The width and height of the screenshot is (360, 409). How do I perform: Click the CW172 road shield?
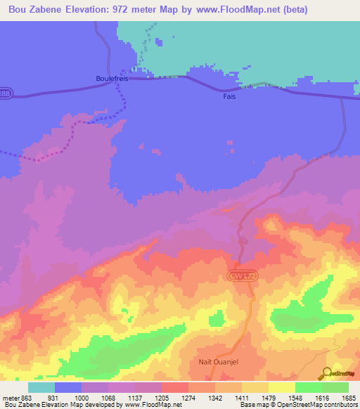pyautogui.click(x=239, y=277)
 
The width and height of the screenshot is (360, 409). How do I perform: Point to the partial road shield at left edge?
pyautogui.click(x=4, y=93)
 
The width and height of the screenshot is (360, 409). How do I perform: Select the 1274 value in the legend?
pyautogui.click(x=188, y=398)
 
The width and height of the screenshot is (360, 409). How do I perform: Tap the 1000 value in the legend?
pyautogui.click(x=82, y=398)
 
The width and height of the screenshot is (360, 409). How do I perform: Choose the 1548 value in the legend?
pyautogui.click(x=295, y=398)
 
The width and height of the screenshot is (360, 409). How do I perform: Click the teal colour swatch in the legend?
pyautogui.click(x=41, y=387)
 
